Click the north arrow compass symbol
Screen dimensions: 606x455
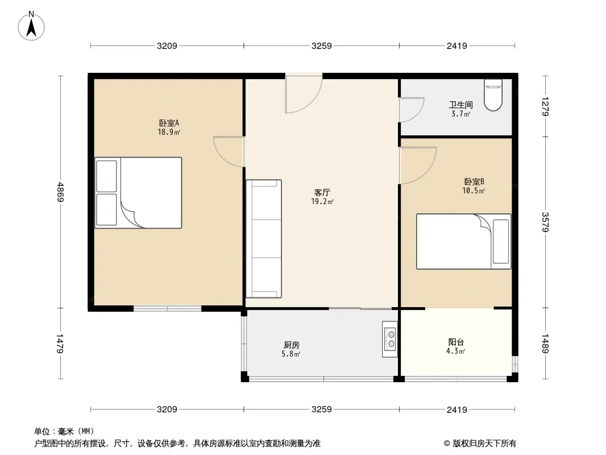31,26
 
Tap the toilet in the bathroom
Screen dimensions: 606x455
493,95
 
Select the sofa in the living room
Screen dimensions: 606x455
264,238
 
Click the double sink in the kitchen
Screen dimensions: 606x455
389,339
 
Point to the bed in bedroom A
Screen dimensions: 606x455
138,192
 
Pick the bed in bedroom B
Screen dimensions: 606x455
463,241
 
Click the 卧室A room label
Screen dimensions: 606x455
169,123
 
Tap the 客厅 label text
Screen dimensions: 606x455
322,192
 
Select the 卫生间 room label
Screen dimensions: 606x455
460,105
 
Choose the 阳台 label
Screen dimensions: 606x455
456,342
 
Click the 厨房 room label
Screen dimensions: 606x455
292,345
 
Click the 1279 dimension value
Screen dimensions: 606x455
545,106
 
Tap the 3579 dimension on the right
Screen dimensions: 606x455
545,222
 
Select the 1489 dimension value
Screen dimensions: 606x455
545,344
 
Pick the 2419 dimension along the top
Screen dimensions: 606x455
457,46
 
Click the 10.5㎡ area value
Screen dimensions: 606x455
474,191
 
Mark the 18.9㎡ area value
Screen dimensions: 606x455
169,132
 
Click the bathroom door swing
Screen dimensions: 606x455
412,110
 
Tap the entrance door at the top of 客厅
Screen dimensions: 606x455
304,93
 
